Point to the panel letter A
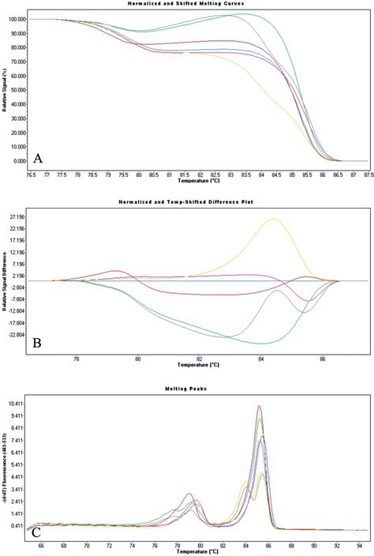pos(37,159)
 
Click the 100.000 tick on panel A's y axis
pos(17,19)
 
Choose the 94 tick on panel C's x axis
pos(360,545)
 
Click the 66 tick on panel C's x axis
pos(41,545)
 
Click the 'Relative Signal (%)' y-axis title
pos(5,88)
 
